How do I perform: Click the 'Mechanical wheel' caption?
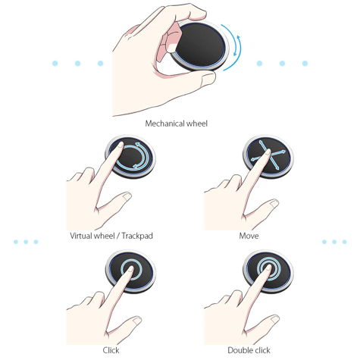point(177,124)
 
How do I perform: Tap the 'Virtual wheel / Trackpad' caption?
point(111,236)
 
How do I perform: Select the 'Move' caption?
point(249,236)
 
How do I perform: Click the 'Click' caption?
point(111,350)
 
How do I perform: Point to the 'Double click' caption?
point(249,350)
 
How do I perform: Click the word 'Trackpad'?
point(137,236)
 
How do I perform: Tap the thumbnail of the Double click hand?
point(274,319)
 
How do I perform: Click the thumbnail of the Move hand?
point(274,203)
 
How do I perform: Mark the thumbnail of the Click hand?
point(137,321)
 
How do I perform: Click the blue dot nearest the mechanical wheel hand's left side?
point(100,63)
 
